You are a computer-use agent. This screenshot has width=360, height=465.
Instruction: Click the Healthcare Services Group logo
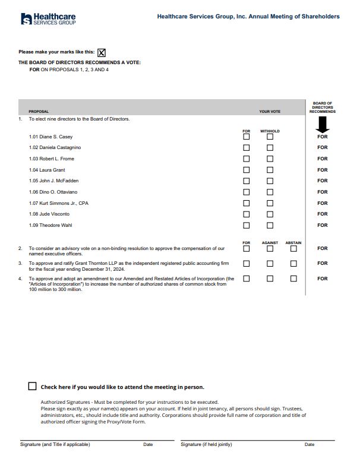pos(48,19)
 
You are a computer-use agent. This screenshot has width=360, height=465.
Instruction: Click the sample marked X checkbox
pos(101,52)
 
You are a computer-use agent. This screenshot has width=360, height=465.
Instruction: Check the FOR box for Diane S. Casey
pos(247,137)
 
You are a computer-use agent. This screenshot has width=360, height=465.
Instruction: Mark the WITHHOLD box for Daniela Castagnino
pos(270,148)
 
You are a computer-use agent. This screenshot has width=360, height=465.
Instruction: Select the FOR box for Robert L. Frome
pos(247,159)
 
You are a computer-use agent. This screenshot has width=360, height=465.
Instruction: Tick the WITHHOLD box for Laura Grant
pos(270,170)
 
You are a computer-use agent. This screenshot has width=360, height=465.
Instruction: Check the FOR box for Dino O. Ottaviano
pos(247,192)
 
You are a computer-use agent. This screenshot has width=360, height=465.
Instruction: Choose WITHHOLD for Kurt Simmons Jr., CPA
pos(270,203)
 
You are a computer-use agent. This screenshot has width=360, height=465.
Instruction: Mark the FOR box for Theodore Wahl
pos(247,225)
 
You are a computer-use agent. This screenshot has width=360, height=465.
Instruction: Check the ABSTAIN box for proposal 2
pos(293,249)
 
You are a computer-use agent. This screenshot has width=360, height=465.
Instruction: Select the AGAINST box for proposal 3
pos(270,263)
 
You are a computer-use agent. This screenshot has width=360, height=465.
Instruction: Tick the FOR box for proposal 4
pos(247,278)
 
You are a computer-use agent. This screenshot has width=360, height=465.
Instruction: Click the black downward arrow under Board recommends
pos(323,124)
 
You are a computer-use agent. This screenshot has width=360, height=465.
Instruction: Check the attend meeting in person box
pos(33,386)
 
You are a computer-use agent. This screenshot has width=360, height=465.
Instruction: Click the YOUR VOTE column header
pos(270,112)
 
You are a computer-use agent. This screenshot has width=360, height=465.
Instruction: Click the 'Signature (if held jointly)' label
pos(206,444)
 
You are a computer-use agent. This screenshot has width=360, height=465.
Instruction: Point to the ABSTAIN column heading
pos(293,243)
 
